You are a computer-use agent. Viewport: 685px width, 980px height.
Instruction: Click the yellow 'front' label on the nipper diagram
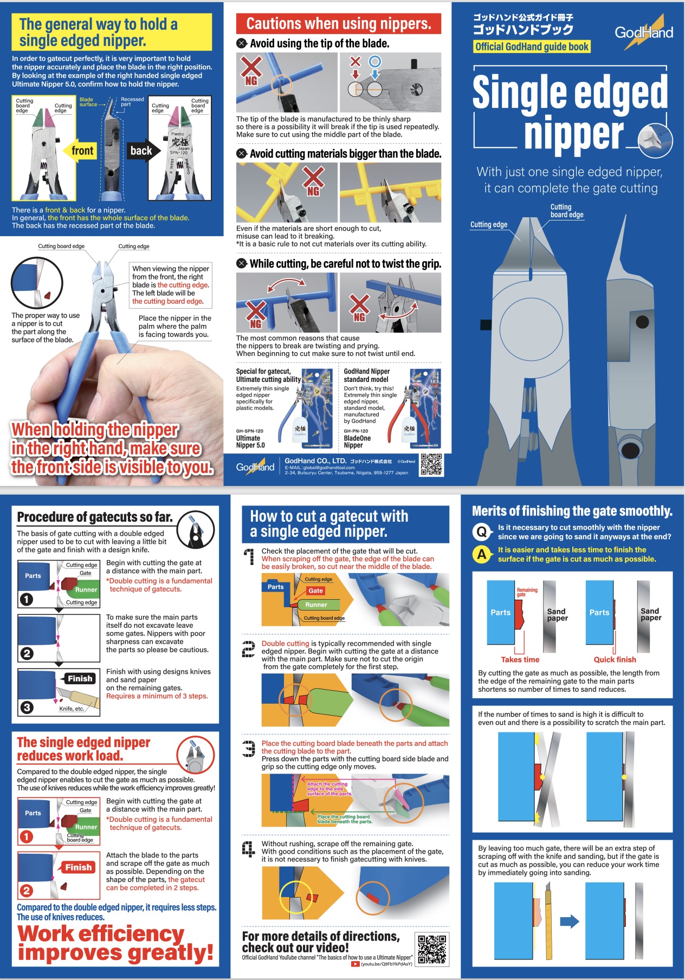coord(82,151)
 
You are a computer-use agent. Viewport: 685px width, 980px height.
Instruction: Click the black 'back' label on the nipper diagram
coord(141,151)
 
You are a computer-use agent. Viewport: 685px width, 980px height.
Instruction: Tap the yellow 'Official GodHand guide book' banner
coord(532,47)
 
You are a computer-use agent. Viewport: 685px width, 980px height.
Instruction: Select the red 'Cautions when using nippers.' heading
coord(339,24)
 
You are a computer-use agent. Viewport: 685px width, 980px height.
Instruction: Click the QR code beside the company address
coord(431,465)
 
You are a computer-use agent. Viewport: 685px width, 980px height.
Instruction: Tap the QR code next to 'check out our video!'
coord(432,949)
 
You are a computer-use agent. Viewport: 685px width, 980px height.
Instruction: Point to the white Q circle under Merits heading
coord(482,531)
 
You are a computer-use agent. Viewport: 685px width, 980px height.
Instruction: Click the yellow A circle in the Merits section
coord(482,554)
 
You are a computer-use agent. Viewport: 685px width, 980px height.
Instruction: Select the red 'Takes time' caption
coord(520,659)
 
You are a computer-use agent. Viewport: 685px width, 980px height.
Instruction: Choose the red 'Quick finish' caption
coord(615,659)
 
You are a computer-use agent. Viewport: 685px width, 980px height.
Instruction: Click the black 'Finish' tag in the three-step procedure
coord(80,678)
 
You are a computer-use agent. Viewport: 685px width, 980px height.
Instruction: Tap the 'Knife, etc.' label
coord(72,709)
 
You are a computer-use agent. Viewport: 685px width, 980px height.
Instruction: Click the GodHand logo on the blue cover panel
coord(644,32)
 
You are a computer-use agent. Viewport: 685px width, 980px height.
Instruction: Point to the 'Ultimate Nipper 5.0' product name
coord(250,442)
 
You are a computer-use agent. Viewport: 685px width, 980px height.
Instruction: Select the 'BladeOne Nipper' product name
coord(357,442)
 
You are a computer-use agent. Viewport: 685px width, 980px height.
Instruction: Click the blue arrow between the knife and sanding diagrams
coord(570,921)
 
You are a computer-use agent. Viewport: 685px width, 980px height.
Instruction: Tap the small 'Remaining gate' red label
coord(527,592)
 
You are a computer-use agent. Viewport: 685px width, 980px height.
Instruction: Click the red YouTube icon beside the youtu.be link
coord(355,964)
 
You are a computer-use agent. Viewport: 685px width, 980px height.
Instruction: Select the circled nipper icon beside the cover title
coord(655,140)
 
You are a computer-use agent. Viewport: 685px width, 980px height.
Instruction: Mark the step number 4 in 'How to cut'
coord(248,849)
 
